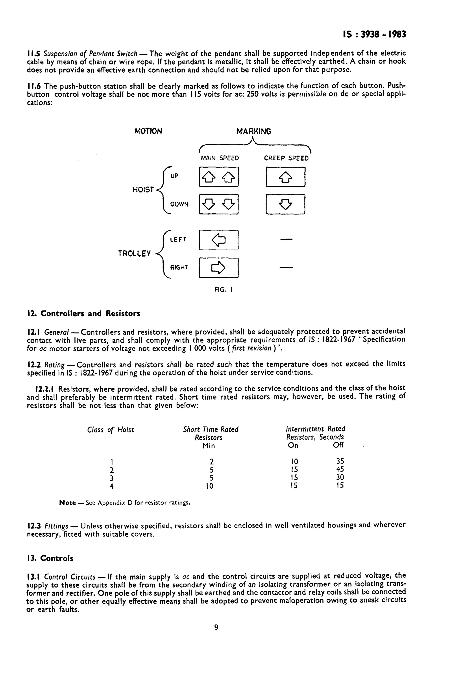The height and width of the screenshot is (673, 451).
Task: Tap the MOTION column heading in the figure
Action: (x=148, y=131)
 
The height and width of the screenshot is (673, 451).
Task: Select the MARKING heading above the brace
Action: (x=254, y=131)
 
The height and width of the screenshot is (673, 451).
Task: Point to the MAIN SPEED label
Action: (x=220, y=158)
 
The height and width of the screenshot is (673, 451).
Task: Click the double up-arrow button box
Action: (x=219, y=177)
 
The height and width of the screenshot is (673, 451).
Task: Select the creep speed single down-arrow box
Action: (x=285, y=205)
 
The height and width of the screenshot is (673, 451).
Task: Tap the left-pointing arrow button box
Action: (x=219, y=240)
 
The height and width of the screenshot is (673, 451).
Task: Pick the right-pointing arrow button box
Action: (x=219, y=268)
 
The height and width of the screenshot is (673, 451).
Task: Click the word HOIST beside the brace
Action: (x=143, y=190)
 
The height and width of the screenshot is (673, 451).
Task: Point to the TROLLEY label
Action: (x=134, y=253)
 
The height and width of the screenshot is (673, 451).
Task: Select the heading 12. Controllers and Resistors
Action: (x=83, y=314)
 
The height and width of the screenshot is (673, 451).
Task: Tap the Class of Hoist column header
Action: (x=111, y=430)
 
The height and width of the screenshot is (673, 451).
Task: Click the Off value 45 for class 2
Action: (x=340, y=469)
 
